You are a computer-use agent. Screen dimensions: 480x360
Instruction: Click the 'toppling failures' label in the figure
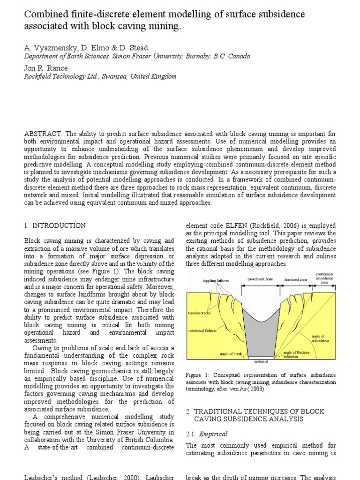point(215,281)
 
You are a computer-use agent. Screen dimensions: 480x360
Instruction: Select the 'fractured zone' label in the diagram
point(295,279)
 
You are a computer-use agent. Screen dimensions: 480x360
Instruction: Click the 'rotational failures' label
point(202,330)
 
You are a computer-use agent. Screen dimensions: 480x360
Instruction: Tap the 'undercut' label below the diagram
point(261,362)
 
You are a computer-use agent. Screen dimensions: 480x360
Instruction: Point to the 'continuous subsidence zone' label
point(324,278)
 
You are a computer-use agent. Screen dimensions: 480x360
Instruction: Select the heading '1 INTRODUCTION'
point(55,225)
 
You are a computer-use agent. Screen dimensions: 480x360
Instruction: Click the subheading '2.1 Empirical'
point(207,434)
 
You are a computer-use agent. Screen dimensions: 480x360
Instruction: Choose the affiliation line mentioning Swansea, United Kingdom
point(100,76)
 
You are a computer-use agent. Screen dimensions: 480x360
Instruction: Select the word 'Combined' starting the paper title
point(44,15)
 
